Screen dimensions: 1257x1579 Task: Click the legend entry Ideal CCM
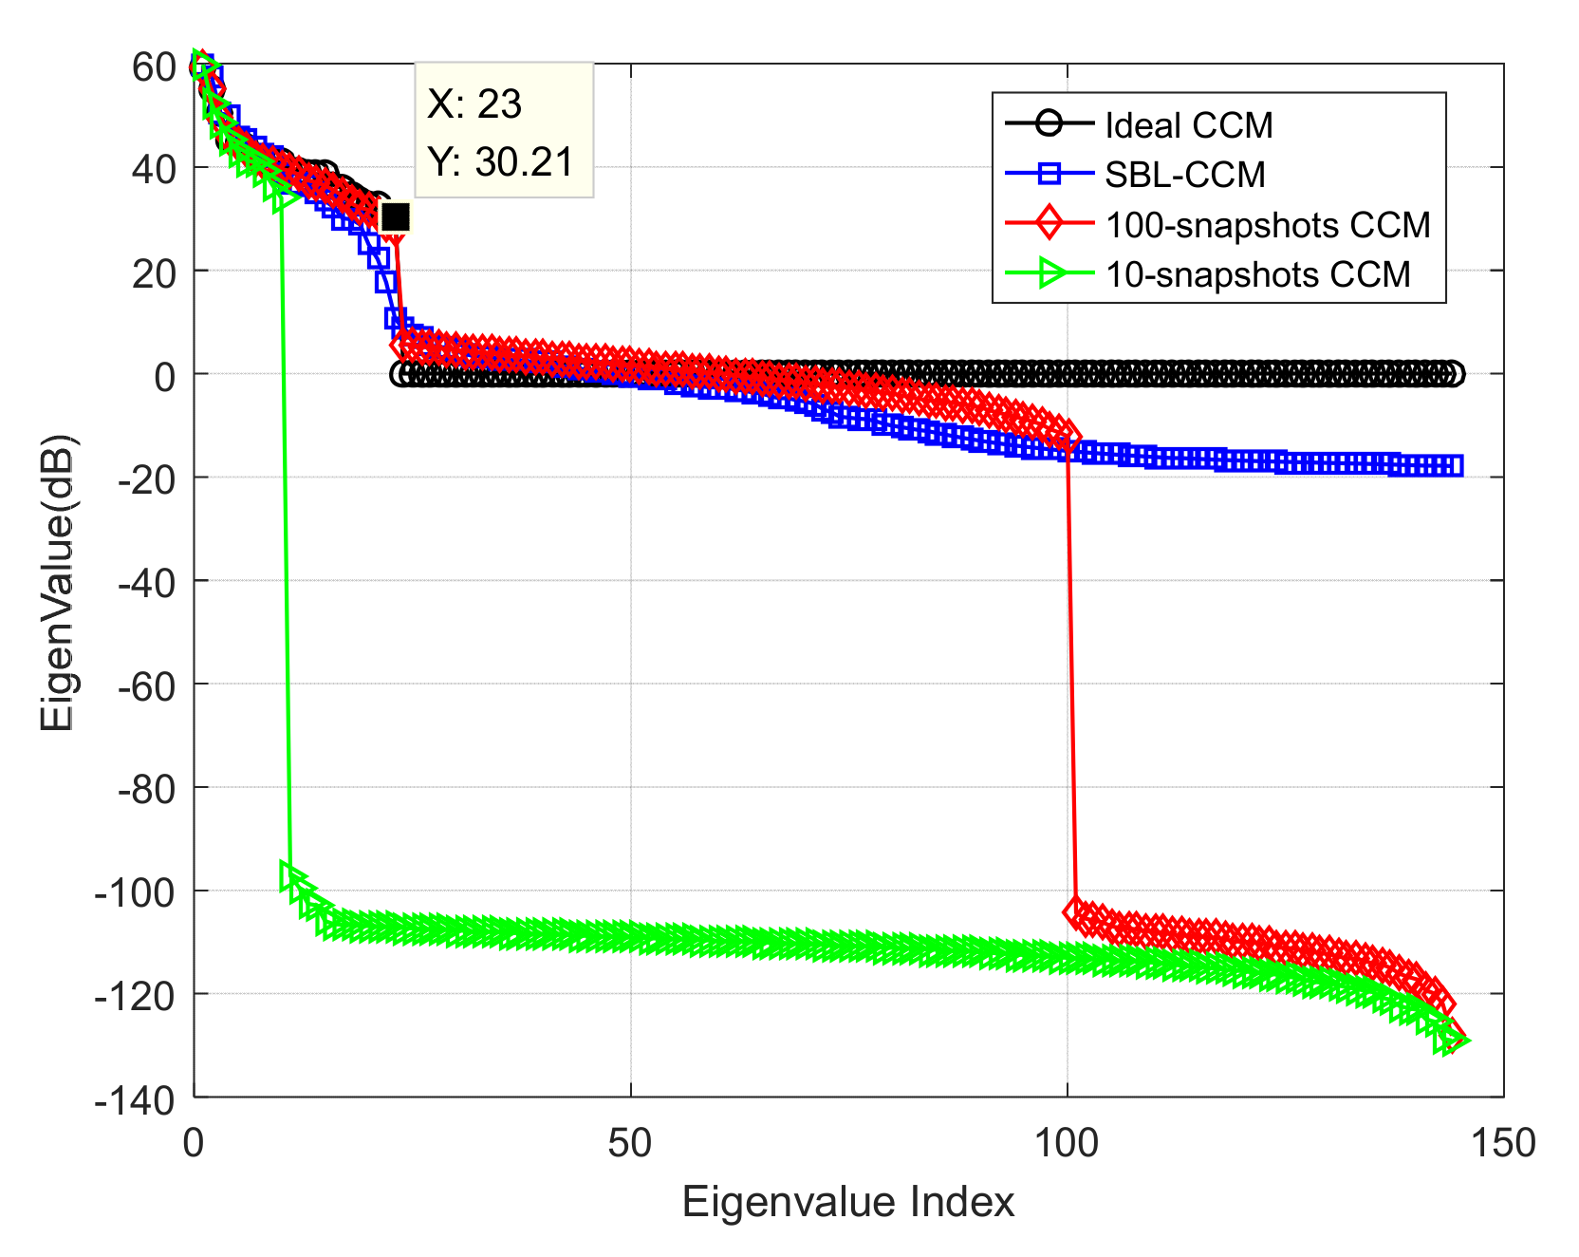(x=1188, y=125)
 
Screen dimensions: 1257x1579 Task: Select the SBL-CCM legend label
(x=1184, y=175)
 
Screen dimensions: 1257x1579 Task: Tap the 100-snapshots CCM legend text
(x=1268, y=225)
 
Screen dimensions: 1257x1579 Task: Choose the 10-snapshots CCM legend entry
(x=1257, y=274)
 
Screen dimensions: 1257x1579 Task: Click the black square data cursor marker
(x=395, y=217)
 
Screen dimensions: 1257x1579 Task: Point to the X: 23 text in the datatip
(x=474, y=104)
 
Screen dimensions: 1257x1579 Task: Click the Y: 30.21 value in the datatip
(x=500, y=162)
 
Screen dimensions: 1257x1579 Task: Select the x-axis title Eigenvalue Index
(x=847, y=1202)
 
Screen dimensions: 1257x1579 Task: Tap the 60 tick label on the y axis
(x=155, y=67)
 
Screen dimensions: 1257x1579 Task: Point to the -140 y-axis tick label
(x=136, y=1099)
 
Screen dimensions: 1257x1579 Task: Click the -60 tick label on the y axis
(x=146, y=685)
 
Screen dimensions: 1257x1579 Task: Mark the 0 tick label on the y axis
(x=165, y=377)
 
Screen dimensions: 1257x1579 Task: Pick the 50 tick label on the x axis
(x=630, y=1144)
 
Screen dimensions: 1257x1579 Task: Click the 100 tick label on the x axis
(x=1067, y=1144)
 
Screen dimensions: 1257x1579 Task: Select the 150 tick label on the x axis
(x=1503, y=1144)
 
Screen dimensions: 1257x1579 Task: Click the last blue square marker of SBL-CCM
(x=1452, y=465)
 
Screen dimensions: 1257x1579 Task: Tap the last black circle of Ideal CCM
(x=1453, y=374)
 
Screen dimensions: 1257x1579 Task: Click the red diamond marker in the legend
(x=1049, y=225)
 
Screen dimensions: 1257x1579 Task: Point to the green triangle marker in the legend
(x=1050, y=274)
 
